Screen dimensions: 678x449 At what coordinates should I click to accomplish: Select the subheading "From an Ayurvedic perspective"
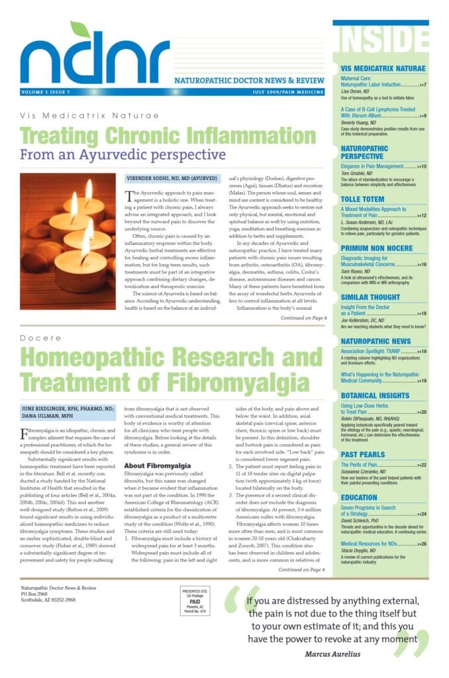coord(123,155)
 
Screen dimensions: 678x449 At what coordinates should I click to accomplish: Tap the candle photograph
coord(68,242)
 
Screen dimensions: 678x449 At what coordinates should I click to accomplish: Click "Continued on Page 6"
coord(303,318)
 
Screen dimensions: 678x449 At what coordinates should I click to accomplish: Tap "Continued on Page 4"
coord(302,569)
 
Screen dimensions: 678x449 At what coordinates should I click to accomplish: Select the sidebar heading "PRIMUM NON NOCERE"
coord(377,247)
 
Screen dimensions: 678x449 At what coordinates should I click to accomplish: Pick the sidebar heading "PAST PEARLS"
coord(364,455)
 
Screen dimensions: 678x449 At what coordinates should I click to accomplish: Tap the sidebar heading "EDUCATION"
coord(359,497)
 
